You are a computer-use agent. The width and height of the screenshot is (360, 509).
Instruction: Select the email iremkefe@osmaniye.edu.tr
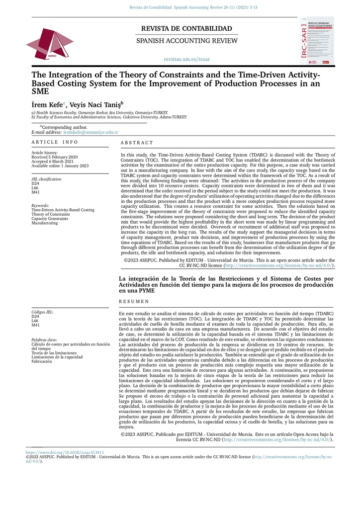point(90,132)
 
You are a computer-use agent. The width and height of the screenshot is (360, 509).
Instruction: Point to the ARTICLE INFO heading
point(55,142)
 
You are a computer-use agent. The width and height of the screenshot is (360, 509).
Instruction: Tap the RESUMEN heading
point(134,301)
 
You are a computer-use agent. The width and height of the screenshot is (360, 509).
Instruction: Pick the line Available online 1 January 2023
point(60,166)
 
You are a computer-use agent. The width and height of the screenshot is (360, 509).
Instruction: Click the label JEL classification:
point(47,179)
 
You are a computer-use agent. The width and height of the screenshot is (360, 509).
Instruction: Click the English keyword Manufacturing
point(44,223)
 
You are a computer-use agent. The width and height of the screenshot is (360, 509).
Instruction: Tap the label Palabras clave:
point(44,339)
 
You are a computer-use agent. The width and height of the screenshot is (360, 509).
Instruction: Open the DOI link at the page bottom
point(65,453)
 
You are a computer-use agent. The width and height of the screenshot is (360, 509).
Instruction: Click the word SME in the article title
point(41,91)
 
